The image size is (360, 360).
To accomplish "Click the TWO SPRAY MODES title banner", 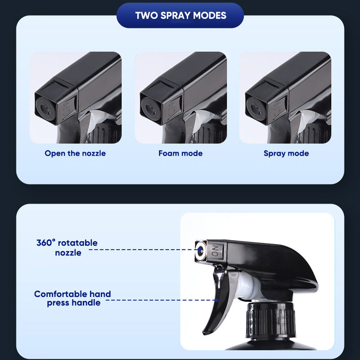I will (180, 16).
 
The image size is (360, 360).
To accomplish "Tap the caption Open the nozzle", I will (75, 153).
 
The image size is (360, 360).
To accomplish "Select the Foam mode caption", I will (180, 153).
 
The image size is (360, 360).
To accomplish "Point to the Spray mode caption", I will (286, 153).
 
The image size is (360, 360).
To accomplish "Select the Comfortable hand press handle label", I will (73, 298).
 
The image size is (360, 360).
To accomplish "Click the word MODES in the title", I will (210, 16).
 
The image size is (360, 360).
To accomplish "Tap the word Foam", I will (168, 153).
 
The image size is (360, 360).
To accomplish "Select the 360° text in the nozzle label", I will (46, 243).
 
